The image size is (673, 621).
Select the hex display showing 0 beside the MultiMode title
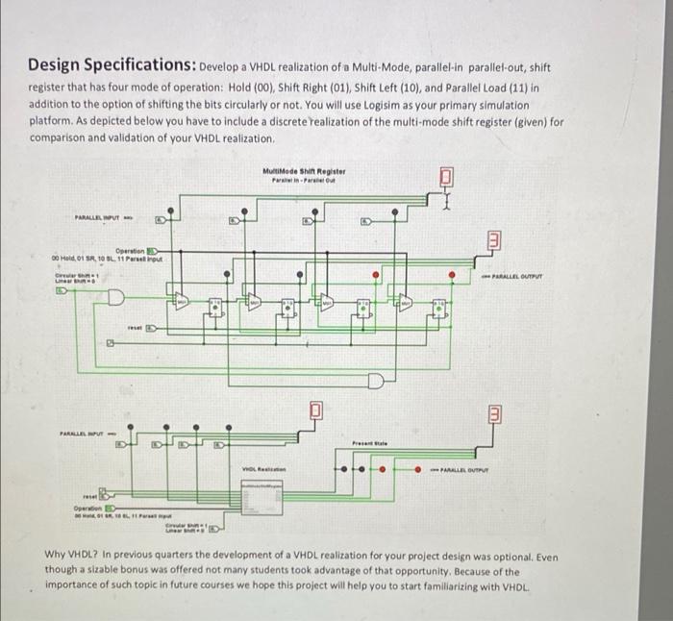pyautogui.click(x=446, y=178)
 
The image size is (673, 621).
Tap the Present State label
pyautogui.click(x=369, y=443)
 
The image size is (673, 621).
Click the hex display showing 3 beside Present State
pyautogui.click(x=490, y=415)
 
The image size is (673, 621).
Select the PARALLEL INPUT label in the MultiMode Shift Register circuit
pyautogui.click(x=102, y=218)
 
